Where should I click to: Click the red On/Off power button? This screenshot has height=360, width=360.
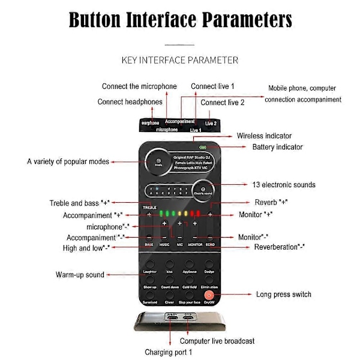[208, 295]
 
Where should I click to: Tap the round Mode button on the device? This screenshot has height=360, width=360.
[158, 161]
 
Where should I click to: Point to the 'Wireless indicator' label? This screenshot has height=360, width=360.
[265, 136]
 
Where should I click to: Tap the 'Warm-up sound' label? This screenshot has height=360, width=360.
[80, 275]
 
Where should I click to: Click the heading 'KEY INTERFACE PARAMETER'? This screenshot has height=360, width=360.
[180, 60]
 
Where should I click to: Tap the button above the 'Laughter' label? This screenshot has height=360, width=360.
[150, 264]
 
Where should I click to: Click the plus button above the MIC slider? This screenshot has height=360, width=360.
[179, 223]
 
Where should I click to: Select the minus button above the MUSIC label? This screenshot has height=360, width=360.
[164, 238]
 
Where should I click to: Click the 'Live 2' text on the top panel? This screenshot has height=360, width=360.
[211, 124]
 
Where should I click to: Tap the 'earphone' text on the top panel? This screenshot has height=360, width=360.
[151, 123]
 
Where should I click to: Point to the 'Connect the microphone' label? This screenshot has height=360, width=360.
[139, 86]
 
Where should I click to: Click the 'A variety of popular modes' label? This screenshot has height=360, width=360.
[67, 161]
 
